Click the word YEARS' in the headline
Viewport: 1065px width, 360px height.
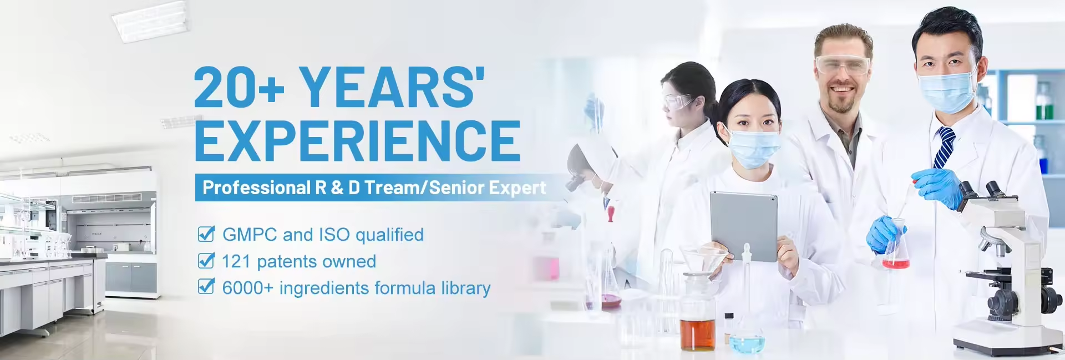[x=392, y=87]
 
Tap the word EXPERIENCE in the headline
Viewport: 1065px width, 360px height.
[x=357, y=140]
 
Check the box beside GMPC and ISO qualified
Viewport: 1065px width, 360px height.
[x=206, y=234]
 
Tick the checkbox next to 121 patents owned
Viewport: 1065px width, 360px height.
[x=206, y=261]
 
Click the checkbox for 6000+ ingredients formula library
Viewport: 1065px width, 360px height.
[x=206, y=287]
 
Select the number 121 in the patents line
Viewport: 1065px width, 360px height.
[x=236, y=261]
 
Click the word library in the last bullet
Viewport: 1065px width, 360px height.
[x=465, y=288]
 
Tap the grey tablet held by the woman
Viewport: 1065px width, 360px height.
[x=743, y=225]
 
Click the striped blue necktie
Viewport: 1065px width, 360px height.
[x=944, y=147]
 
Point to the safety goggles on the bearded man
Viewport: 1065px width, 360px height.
[x=842, y=65]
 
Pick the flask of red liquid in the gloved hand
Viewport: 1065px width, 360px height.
[x=895, y=252]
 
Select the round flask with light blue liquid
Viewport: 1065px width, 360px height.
[x=747, y=342]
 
